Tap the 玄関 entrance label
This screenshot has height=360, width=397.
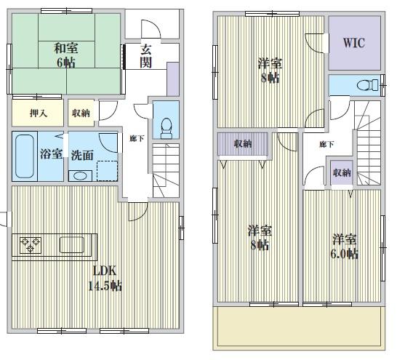pos(145,56)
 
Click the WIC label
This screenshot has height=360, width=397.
pos(354,43)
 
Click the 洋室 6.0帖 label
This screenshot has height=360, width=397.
pos(345,246)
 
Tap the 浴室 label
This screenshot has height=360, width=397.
pos(49,155)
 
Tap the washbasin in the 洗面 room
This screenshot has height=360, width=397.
pos(79,175)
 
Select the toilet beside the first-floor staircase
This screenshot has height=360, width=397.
pos(165,126)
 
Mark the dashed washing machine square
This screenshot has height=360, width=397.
pos(108,169)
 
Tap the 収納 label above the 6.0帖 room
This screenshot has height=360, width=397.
pos(341,172)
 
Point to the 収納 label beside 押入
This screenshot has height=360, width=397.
pos(81,113)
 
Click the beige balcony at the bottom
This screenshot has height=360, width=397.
pos(297,327)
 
